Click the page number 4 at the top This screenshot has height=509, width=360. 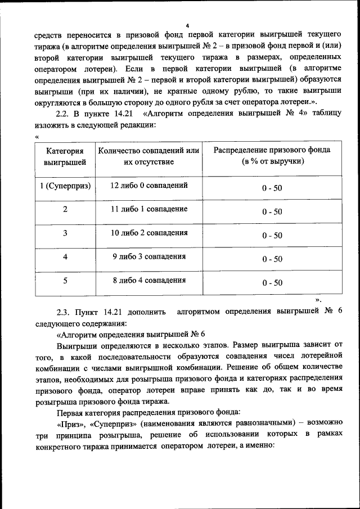click(x=187, y=25)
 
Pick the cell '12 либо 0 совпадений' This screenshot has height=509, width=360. click(x=149, y=185)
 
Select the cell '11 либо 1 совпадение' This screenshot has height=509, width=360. click(x=149, y=209)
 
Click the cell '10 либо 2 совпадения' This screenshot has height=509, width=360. click(x=149, y=233)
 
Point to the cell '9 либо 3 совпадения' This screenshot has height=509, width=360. click(x=149, y=256)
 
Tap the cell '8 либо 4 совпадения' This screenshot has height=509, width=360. click(x=149, y=280)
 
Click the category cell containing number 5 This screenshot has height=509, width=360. click(x=65, y=281)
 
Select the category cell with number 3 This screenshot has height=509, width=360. click(x=65, y=233)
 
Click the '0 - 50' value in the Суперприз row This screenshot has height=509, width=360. click(x=272, y=188)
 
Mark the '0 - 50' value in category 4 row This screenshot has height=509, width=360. click(x=272, y=259)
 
